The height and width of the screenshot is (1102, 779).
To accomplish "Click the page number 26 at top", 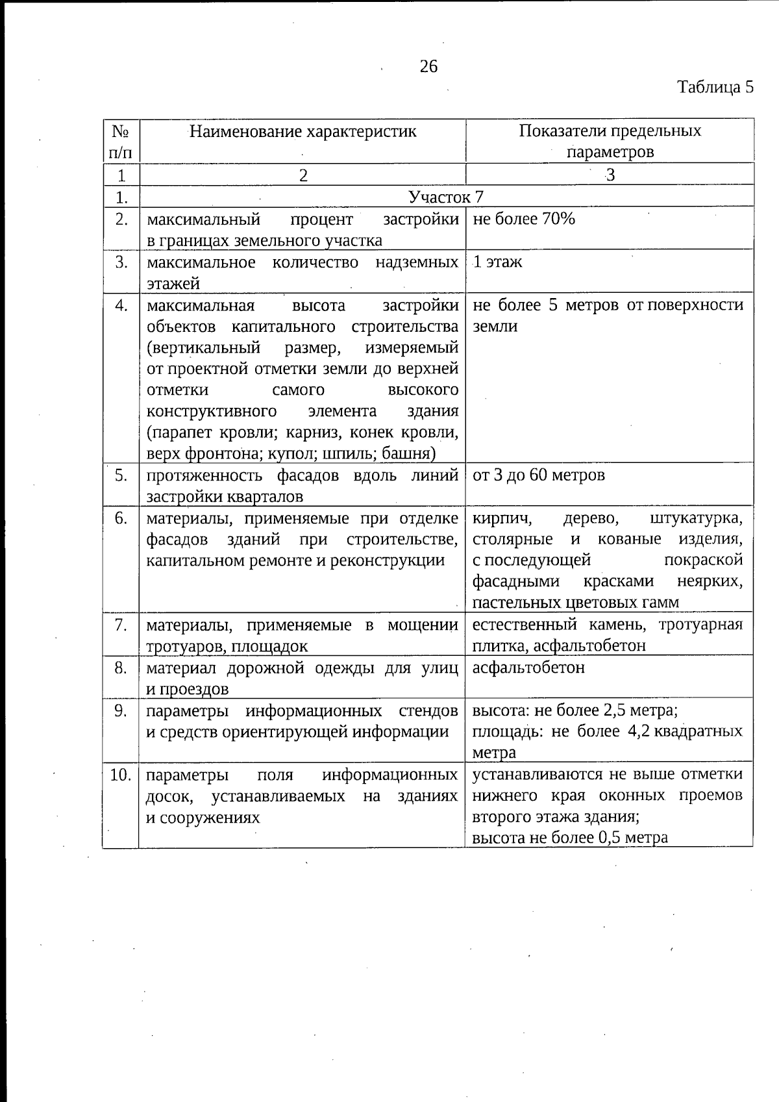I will (x=429, y=66).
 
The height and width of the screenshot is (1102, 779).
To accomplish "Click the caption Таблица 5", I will (x=715, y=87).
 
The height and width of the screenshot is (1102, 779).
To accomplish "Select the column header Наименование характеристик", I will (x=303, y=132).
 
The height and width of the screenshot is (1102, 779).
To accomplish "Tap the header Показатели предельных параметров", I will (x=610, y=141).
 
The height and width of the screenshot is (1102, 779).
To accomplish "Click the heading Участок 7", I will (x=446, y=197).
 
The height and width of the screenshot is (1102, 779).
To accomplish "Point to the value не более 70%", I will (x=524, y=219).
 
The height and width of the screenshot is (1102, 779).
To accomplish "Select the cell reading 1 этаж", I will (x=497, y=262).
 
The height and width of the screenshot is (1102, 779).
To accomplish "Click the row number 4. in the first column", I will (x=121, y=305).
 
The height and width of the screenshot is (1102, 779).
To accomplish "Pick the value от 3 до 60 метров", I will (x=539, y=475).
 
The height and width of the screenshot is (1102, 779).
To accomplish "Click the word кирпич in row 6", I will (x=502, y=519).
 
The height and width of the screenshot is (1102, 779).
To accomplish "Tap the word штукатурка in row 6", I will (x=696, y=519).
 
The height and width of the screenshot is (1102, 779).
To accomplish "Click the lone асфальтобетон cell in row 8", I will (x=528, y=668).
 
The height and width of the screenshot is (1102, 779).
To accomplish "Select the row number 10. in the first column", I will (x=121, y=775).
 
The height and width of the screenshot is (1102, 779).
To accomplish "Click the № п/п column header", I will (x=121, y=141).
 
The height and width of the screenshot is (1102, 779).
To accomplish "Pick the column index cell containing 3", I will (x=610, y=175).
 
